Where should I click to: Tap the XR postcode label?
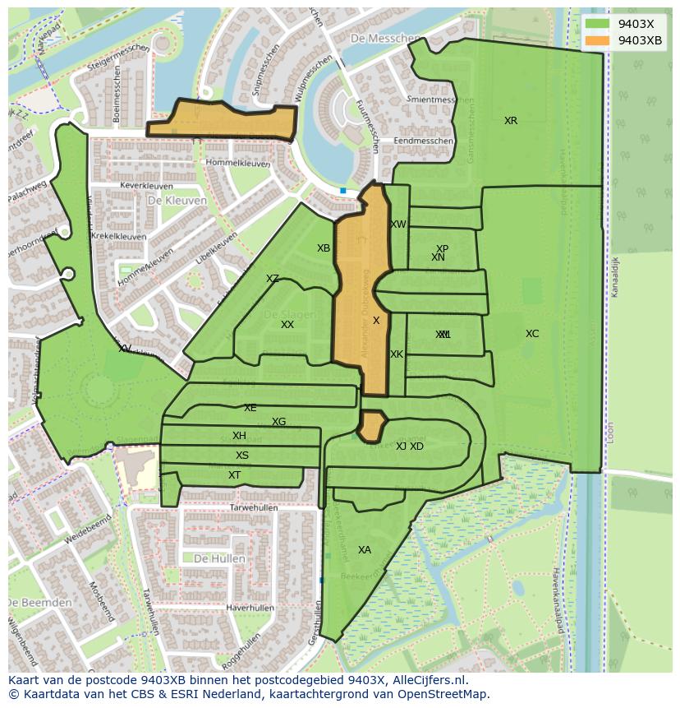[x=511, y=121]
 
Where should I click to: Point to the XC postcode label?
[x=532, y=334]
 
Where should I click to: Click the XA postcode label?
[x=365, y=550]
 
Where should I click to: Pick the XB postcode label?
[x=324, y=248]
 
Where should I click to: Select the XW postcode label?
[x=398, y=224]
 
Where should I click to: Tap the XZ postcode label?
[x=273, y=279]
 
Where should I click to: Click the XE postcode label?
[x=250, y=408]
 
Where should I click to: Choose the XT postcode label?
[x=235, y=475]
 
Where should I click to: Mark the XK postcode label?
[x=397, y=354]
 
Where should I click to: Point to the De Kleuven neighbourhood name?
[x=177, y=200]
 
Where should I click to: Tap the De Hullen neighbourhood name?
[x=219, y=558]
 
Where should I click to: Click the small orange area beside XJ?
[x=371, y=426]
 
